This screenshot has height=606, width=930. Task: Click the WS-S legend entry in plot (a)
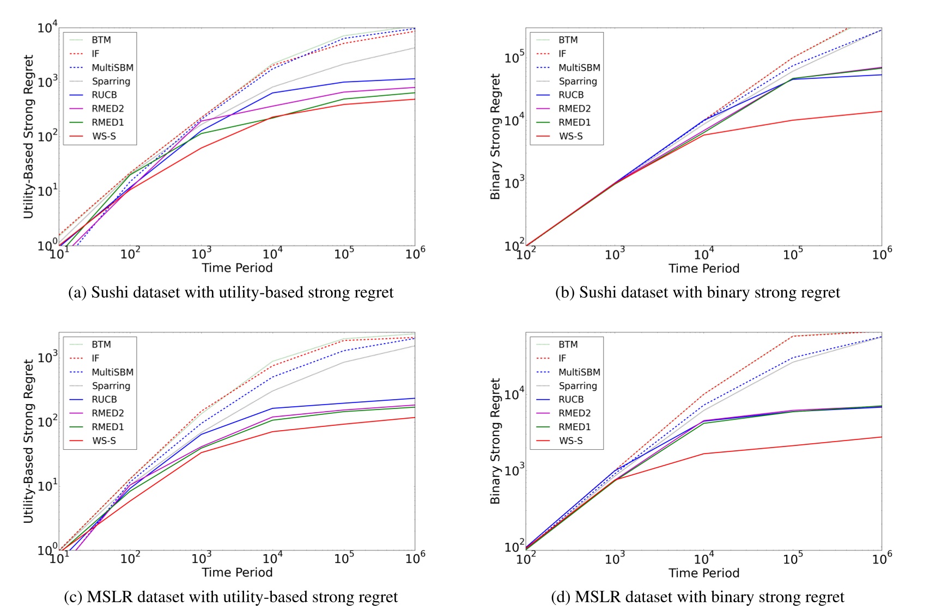coord(104,136)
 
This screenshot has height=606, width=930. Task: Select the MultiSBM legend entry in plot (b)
coord(579,68)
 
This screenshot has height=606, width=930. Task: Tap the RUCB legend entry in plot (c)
coord(104,399)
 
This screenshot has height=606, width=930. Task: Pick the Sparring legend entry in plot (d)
coord(578,385)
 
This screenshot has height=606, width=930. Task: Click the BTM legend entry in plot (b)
coord(568,40)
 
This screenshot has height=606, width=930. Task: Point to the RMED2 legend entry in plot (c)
coord(107,413)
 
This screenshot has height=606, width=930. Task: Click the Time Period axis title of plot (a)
coord(237,268)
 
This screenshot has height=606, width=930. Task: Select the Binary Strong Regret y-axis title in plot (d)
coord(495,441)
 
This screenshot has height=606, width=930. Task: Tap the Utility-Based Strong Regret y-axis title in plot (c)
coord(28,441)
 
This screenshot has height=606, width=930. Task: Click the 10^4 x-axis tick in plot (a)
coord(272,254)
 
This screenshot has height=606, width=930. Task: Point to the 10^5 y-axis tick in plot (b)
coord(514,56)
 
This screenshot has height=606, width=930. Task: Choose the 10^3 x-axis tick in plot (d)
coord(615,558)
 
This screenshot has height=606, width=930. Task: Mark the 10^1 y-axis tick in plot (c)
coord(47,485)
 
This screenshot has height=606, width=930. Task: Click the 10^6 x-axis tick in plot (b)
coord(882,254)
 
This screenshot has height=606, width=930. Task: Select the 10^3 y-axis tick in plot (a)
coord(47,82)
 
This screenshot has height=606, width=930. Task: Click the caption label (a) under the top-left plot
coord(77,292)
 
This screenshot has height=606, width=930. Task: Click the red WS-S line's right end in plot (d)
coord(880,437)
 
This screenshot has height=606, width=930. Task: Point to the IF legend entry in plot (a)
coord(95,54)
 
